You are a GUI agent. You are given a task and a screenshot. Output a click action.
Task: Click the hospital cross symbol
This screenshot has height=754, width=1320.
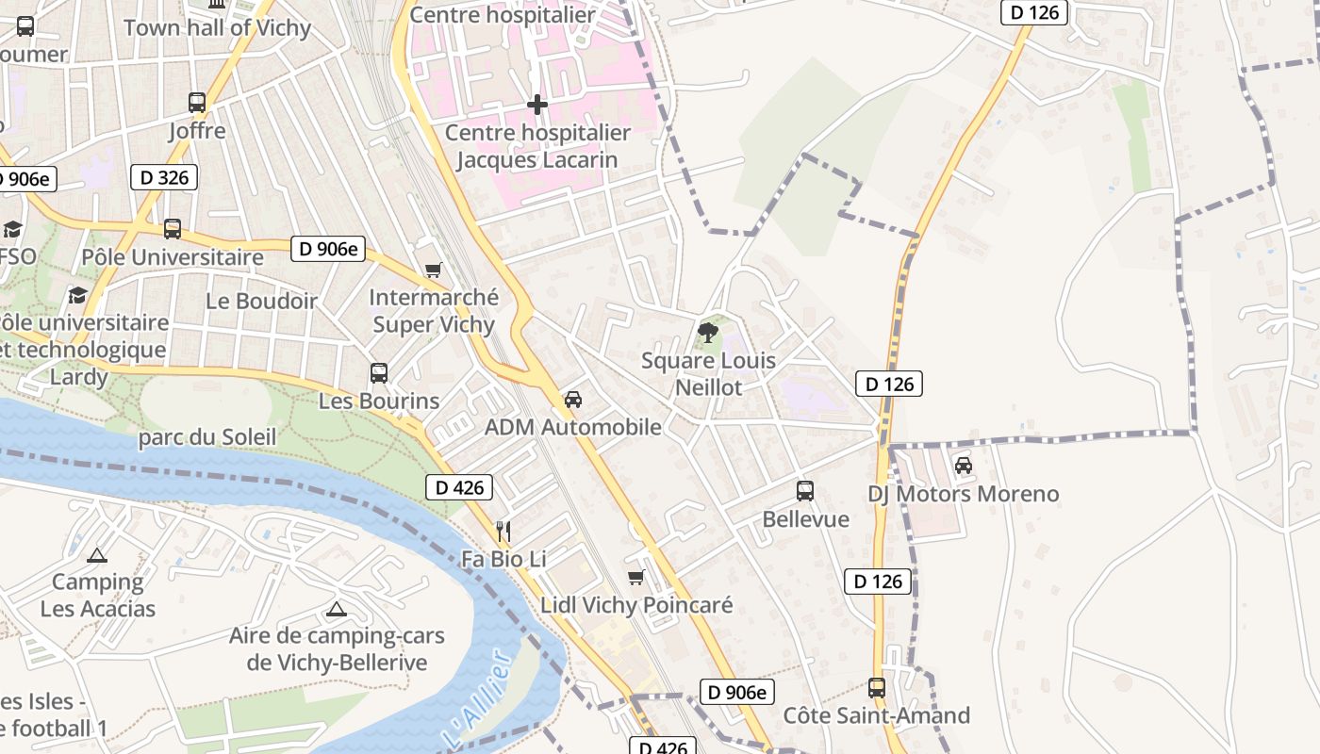click(537, 105)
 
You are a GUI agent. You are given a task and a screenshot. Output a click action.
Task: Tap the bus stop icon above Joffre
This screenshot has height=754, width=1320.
click(197, 103)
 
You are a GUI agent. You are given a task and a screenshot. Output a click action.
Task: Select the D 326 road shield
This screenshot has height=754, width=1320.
click(164, 177)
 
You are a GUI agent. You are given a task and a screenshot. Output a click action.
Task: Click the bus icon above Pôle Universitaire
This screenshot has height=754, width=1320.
click(173, 229)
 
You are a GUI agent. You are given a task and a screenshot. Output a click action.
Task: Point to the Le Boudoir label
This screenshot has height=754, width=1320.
click(261, 302)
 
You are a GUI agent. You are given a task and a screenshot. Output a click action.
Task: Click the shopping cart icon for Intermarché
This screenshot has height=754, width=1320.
click(434, 270)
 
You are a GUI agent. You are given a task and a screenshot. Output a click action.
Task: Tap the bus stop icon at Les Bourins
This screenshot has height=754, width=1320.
click(379, 373)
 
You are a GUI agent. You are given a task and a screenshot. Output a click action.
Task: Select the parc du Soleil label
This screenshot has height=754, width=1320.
click(207, 437)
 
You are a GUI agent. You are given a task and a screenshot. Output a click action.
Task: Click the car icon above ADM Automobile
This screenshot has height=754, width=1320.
click(572, 400)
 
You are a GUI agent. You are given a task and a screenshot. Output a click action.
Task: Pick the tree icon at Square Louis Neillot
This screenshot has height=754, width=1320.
click(708, 333)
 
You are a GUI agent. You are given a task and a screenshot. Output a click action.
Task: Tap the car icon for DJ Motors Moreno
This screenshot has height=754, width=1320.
click(963, 466)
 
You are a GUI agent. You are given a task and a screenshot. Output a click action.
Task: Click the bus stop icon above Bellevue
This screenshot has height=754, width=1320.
click(805, 491)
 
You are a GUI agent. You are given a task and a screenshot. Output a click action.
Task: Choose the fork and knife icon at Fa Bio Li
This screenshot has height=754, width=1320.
click(503, 532)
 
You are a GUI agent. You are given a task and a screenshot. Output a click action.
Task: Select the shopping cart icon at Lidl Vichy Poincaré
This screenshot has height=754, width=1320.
click(636, 577)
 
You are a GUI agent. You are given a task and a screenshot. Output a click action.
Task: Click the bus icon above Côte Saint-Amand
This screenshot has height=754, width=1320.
click(877, 688)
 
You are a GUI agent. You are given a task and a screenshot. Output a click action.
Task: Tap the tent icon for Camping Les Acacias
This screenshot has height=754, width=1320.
click(97, 555)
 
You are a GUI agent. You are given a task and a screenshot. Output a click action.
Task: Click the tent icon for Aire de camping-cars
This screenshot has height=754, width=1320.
click(337, 609)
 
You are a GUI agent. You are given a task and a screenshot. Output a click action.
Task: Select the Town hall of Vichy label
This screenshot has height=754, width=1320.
click(217, 27)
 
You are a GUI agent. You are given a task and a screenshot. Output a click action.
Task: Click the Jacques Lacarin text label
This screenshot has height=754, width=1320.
click(537, 159)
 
